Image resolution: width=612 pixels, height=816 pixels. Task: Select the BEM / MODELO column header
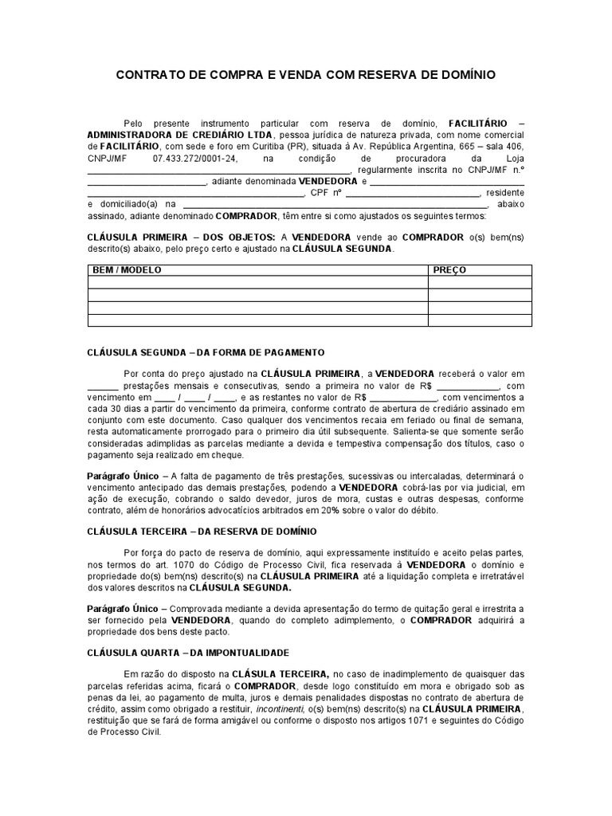127,269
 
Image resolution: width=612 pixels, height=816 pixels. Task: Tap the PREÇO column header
449,269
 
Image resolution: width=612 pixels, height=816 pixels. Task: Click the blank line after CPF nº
413,192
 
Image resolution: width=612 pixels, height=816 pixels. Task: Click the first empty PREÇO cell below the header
479,282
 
